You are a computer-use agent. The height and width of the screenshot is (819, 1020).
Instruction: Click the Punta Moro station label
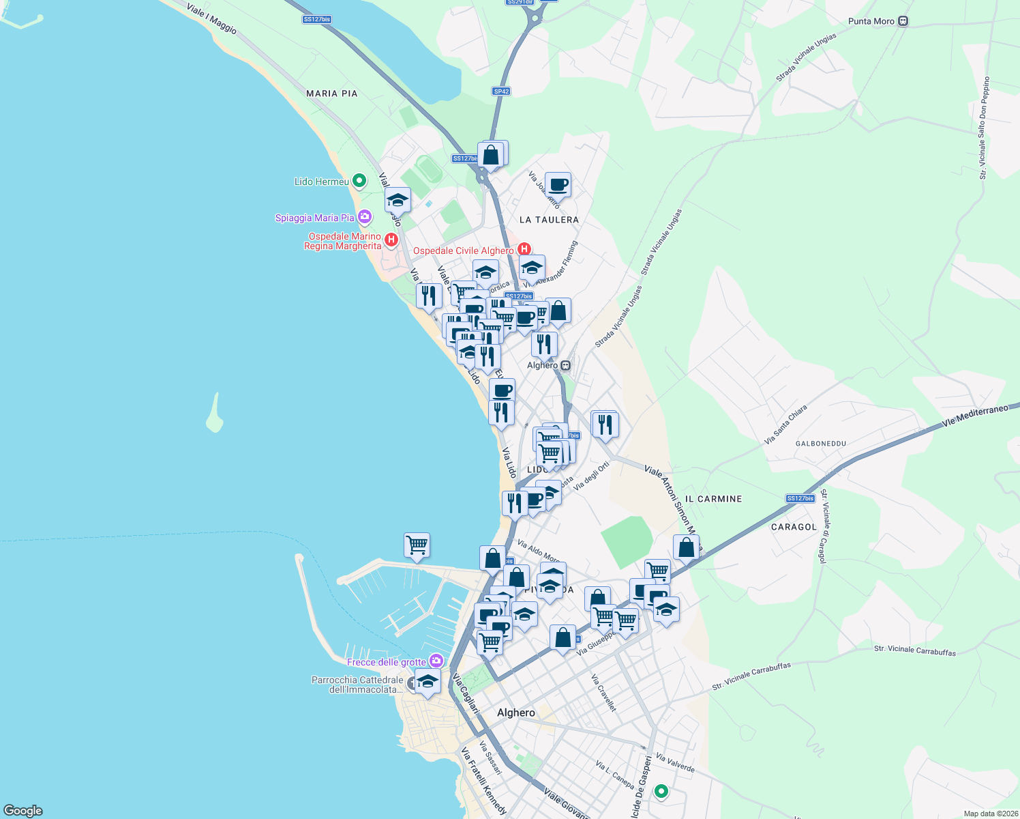point(871,21)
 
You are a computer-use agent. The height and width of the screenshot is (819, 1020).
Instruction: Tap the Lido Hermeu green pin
point(359,181)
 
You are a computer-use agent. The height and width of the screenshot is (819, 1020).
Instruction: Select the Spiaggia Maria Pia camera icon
point(365,217)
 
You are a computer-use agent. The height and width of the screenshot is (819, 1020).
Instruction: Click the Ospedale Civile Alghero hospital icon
point(524,250)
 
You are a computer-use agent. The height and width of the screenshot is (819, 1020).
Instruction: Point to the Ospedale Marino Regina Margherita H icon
point(391,240)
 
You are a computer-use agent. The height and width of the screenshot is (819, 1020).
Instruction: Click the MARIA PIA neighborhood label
point(331,94)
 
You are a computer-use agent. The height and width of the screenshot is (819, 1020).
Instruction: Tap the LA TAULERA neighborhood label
point(549,220)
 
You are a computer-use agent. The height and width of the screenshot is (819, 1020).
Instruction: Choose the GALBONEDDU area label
point(820,444)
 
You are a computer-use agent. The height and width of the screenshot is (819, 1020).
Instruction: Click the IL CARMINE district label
point(713,499)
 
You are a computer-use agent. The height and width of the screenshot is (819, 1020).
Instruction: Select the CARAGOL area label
point(794,527)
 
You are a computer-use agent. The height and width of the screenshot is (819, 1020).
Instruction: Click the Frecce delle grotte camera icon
point(436,661)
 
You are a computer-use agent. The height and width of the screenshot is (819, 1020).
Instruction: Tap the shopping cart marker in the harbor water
point(417,545)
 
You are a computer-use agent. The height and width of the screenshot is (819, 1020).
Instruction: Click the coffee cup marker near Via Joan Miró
point(558,184)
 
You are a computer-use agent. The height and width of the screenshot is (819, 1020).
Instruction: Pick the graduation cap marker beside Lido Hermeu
point(397,200)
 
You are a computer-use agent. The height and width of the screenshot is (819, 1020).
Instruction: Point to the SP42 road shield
point(501,91)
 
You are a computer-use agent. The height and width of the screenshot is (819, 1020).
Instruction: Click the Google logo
point(23,811)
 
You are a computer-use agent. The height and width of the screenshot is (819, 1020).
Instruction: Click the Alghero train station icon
point(565,366)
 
